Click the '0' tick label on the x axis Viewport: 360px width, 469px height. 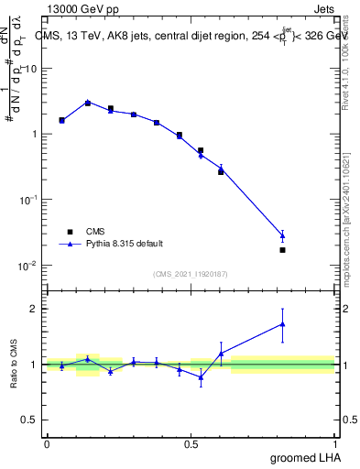tap(47, 442)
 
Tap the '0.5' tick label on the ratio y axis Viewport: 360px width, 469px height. tap(29, 421)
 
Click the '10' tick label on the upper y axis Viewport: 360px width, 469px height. tap(30, 69)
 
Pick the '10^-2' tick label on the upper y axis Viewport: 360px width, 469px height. tap(27, 266)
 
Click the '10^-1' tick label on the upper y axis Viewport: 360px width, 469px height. tap(27, 200)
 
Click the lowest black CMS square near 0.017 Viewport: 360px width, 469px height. tap(282, 250)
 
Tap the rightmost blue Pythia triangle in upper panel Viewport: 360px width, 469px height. tap(282, 235)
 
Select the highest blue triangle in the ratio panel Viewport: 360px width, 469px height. tap(282, 323)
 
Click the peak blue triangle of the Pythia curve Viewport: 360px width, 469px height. tap(87, 103)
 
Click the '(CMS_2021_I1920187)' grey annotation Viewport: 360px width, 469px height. tap(190, 273)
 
